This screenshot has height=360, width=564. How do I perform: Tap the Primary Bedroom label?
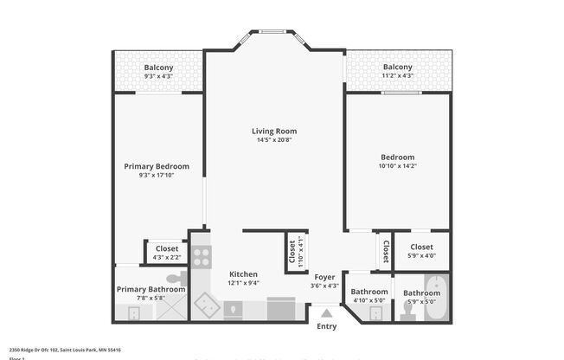click(x=157, y=166)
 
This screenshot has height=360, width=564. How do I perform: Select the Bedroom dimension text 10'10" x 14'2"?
click(x=397, y=166)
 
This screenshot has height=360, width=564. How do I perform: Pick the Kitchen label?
click(x=243, y=274)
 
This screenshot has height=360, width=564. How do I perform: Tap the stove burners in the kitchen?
click(x=201, y=256)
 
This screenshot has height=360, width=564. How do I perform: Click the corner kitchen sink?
click(x=207, y=305)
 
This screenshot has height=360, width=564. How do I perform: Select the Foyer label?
click(x=324, y=277)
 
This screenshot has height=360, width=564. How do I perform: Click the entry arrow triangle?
click(x=326, y=314)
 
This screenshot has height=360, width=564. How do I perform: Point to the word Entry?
click(x=326, y=326)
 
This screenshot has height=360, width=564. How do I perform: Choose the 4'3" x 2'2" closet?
click(x=166, y=252)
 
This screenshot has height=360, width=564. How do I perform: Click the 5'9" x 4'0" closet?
click(x=421, y=251)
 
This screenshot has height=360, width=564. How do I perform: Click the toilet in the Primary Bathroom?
click(x=176, y=279)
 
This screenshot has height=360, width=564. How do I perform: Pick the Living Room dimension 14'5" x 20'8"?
click(x=274, y=140)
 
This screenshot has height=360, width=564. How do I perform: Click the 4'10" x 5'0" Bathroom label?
click(x=369, y=296)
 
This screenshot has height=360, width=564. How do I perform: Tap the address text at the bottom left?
click(x=64, y=350)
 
